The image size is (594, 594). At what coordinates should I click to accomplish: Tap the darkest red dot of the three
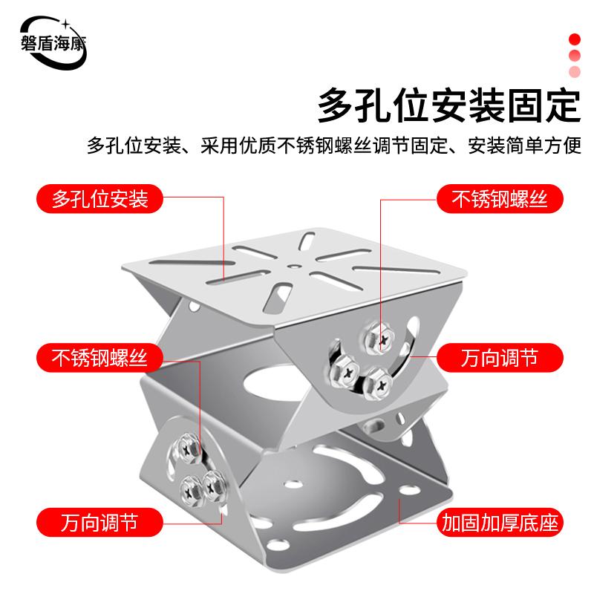pyautogui.click(x=574, y=39)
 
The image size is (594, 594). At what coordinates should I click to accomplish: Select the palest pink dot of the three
pyautogui.click(x=574, y=71)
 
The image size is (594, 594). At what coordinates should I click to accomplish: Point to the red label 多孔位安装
pyautogui.click(x=100, y=199)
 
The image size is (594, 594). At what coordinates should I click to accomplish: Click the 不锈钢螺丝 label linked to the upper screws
pyautogui.click(x=500, y=199)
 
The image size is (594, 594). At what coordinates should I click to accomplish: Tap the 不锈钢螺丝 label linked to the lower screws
pyautogui.click(x=100, y=359)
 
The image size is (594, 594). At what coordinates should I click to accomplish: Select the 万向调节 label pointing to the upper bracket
pyautogui.click(x=498, y=359)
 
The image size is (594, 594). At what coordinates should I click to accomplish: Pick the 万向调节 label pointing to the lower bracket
pyautogui.click(x=100, y=521)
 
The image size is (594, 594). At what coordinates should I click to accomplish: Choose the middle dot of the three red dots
pyautogui.click(x=574, y=55)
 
